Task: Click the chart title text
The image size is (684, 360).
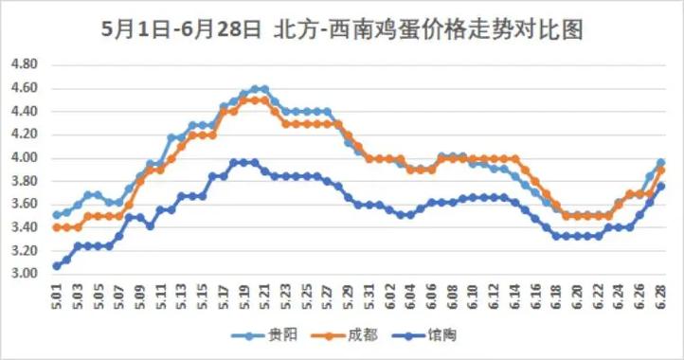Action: pyautogui.click(x=341, y=27)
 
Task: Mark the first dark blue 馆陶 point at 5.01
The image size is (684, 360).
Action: pyautogui.click(x=56, y=265)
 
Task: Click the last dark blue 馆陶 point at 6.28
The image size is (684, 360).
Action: pyautogui.click(x=660, y=187)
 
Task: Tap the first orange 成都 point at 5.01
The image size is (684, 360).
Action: pyautogui.click(x=56, y=227)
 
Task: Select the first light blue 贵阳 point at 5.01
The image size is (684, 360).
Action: pyautogui.click(x=56, y=215)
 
